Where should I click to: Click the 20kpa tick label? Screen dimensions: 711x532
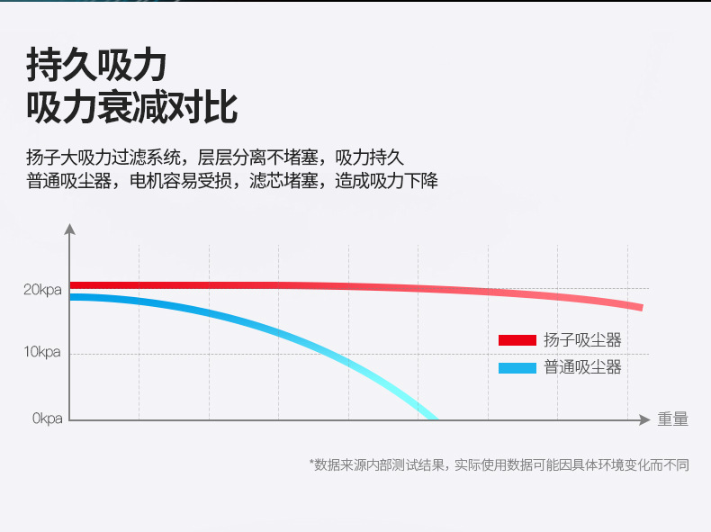pyautogui.click(x=42, y=290)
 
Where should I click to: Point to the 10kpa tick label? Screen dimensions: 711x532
pyautogui.click(x=42, y=352)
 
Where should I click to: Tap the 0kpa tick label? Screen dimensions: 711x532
pyautogui.click(x=47, y=419)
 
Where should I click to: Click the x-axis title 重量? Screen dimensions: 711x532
pyautogui.click(x=673, y=419)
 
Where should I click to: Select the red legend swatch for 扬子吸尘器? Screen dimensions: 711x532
pyautogui.click(x=517, y=340)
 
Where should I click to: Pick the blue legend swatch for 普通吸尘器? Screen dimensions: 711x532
pyautogui.click(x=517, y=368)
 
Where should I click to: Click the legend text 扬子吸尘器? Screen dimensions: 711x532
pyautogui.click(x=582, y=340)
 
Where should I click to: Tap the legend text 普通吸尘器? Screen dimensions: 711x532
pyautogui.click(x=582, y=367)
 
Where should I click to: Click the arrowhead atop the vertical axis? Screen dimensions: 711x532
pyautogui.click(x=69, y=229)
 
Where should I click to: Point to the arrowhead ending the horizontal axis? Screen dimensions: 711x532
pyautogui.click(x=644, y=420)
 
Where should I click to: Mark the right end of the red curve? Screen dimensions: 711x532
pyautogui.click(x=642, y=308)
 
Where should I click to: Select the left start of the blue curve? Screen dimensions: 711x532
pyautogui.click(x=71, y=297)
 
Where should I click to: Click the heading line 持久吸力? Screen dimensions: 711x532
pyautogui.click(x=96, y=66)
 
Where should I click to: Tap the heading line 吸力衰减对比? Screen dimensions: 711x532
pyautogui.click(x=132, y=108)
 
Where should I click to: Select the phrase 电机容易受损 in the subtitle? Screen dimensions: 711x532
pyautogui.click(x=181, y=181)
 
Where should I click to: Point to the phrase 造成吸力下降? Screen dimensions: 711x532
pyautogui.click(x=387, y=181)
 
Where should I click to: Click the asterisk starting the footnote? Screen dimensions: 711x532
pyautogui.click(x=311, y=463)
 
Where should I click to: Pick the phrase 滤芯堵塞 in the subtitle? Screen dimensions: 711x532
pyautogui.click(x=283, y=181)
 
